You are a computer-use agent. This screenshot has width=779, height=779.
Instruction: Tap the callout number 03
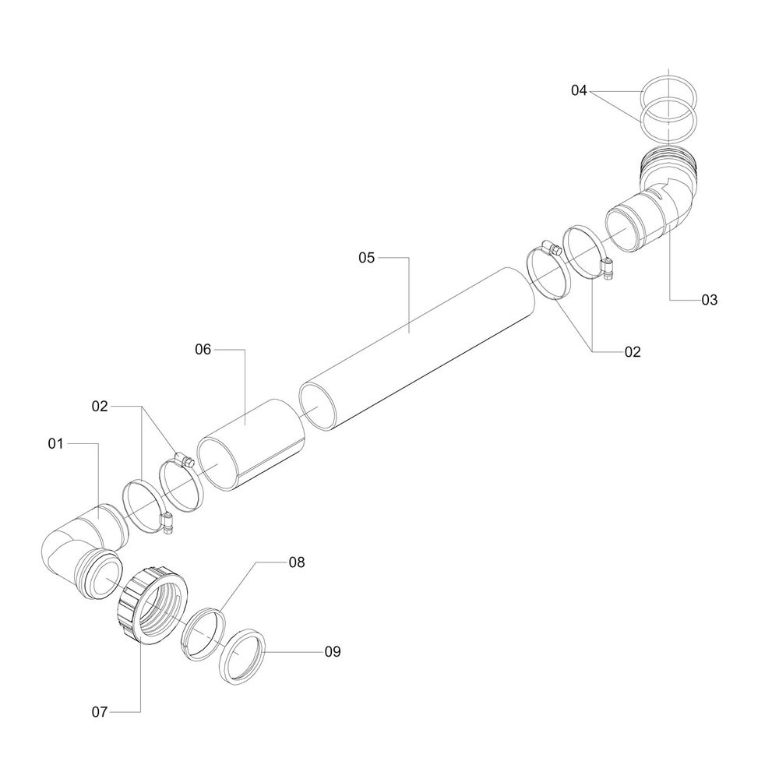708,300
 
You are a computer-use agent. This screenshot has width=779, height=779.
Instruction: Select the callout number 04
578,91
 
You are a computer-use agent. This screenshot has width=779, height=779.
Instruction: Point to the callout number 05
367,256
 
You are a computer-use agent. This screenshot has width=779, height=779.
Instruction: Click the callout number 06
203,350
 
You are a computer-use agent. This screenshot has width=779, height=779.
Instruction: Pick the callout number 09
332,651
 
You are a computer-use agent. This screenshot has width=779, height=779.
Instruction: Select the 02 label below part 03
632,352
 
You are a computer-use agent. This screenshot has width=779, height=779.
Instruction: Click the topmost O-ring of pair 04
668,91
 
